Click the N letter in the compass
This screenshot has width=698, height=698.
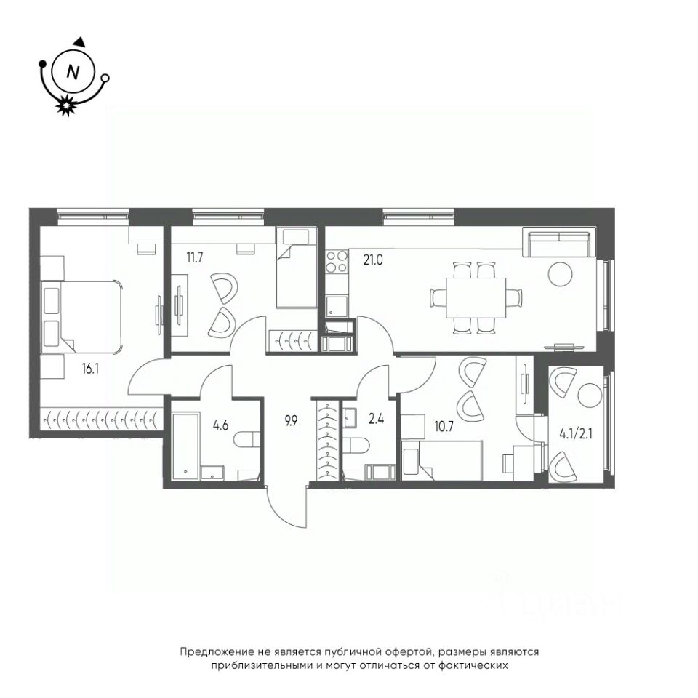coord(73,72)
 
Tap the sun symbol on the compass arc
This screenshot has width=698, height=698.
coord(66,105)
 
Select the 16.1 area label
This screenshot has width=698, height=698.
coord(90,369)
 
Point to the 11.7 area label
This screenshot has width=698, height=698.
coord(195,257)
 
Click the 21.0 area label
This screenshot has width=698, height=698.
coord(372,260)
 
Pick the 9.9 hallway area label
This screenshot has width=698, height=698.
coord(291,421)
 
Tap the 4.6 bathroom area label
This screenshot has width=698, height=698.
coord(220,425)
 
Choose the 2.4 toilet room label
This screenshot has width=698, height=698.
coord(376,419)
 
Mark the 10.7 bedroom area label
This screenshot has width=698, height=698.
coord(444,427)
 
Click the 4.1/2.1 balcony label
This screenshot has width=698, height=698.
coord(575,433)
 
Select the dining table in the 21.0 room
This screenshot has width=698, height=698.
coord(476,297)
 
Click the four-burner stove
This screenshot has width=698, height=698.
coord(337,262)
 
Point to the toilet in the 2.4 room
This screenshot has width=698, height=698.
coord(358,445)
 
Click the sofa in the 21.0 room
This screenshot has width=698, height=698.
coord(558,244)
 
